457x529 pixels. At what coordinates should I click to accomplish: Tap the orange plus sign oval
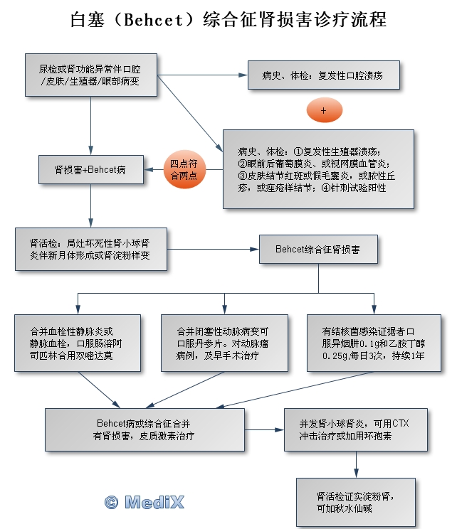324,111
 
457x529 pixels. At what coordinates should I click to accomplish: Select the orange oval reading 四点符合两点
184,169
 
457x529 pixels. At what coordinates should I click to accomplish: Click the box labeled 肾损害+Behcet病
90,170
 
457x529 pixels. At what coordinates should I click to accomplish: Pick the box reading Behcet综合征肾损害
317,250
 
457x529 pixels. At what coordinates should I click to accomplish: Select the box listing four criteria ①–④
317,169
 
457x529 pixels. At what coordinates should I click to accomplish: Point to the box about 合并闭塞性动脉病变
224,342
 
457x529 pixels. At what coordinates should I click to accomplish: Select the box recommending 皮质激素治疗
148,429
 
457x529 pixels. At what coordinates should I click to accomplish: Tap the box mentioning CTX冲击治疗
355,429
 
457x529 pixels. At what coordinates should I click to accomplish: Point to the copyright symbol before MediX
111,502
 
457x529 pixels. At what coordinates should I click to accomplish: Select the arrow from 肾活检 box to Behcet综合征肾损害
214,250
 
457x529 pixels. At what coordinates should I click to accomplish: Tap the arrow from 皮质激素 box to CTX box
266,429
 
